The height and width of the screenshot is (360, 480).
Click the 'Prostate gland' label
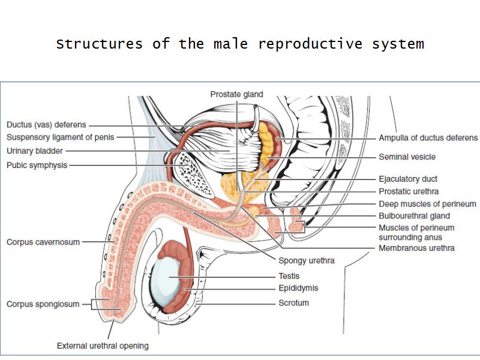point(236,94)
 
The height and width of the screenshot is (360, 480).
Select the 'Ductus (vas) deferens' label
point(46,125)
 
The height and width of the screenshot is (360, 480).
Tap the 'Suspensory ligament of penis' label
point(60,137)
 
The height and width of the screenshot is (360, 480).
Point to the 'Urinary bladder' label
point(35,151)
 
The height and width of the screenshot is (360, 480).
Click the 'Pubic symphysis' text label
point(37,165)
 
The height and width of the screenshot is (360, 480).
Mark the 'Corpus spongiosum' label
point(43,304)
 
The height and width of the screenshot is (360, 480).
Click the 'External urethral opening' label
point(103,346)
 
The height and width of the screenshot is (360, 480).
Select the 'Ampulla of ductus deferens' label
point(428,138)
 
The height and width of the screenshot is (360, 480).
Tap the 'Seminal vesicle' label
point(407,157)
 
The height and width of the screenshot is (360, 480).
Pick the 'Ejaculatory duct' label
point(408,179)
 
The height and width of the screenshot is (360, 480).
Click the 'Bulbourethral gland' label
point(414,216)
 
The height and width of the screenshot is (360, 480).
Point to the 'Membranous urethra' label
point(416,248)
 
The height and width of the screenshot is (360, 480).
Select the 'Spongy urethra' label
point(306,260)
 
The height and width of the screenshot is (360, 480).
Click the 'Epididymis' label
point(298,288)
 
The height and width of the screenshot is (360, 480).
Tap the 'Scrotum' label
point(293,303)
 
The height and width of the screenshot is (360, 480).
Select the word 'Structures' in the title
point(100,44)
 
